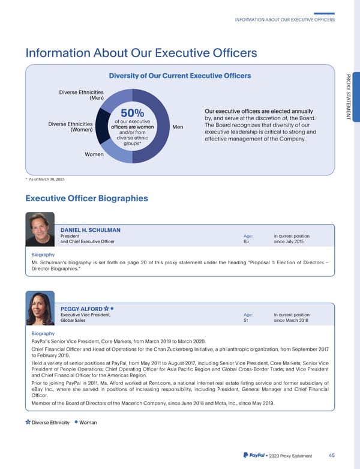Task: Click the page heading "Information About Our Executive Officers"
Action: (x=141, y=53)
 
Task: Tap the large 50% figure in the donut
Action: (x=132, y=113)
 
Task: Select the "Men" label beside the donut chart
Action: (x=178, y=127)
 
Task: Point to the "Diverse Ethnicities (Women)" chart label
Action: (x=70, y=127)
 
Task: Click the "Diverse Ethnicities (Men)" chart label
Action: (x=81, y=94)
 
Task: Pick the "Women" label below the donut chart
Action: (x=94, y=154)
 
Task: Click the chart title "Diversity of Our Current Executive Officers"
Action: (x=179, y=76)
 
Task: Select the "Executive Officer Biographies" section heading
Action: (x=86, y=198)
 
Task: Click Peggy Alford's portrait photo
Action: (x=42, y=309)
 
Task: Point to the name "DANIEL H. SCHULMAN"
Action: (x=91, y=229)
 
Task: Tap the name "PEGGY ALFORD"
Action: (x=82, y=309)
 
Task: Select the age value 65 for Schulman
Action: (x=246, y=242)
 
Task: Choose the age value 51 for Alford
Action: (x=246, y=321)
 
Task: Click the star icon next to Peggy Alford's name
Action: (x=106, y=309)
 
